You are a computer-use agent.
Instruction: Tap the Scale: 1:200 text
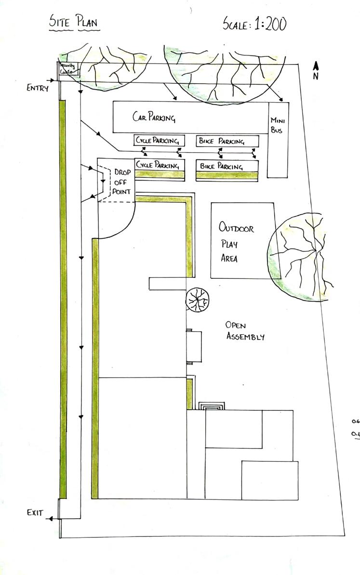pyautogui.click(x=254, y=23)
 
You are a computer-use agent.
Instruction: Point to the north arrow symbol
pyautogui.click(x=316, y=70)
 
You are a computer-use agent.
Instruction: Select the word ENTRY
pyautogui.click(x=38, y=88)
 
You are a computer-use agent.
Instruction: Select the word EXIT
pyautogui.click(x=35, y=513)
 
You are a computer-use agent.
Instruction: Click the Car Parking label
pyautogui.click(x=154, y=117)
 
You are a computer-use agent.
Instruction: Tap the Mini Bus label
pyautogui.click(x=277, y=125)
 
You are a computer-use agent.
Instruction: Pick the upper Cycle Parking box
pyautogui.click(x=159, y=141)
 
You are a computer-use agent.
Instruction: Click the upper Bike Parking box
pyautogui.click(x=227, y=141)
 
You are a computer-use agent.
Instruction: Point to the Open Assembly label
pyautogui.click(x=245, y=331)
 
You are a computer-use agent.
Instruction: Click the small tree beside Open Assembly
pyautogui.click(x=198, y=301)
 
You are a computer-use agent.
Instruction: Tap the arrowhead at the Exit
pyautogui.click(x=51, y=519)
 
